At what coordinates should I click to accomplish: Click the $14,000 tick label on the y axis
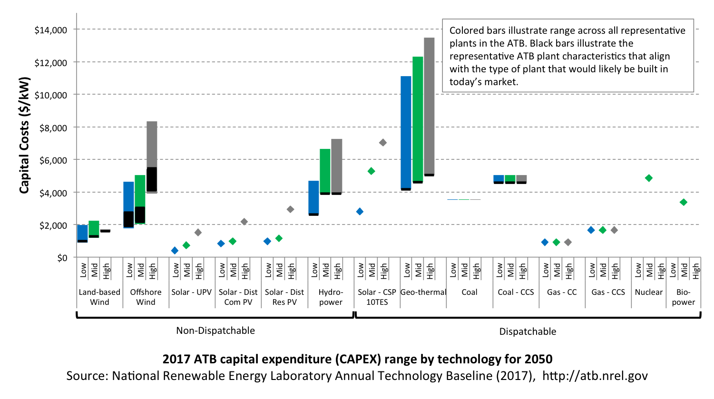(51, 30)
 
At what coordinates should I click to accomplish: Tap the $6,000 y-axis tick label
(53, 160)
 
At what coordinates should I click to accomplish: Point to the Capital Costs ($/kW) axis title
(24, 135)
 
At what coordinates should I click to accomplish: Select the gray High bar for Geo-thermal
(429, 107)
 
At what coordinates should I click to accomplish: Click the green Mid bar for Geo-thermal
(418, 120)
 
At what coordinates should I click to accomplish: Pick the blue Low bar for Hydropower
(313, 198)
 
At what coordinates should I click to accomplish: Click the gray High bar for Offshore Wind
(152, 157)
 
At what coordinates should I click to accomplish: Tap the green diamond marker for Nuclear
(649, 178)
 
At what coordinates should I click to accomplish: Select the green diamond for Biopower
(684, 202)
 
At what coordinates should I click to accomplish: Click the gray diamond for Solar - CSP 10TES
(383, 143)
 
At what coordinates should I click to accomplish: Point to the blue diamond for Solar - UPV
(175, 251)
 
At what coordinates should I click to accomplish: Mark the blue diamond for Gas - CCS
(591, 230)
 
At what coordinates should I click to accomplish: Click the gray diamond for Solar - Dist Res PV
(290, 209)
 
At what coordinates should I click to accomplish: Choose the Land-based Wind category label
(99, 297)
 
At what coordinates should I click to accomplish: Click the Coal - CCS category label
(516, 292)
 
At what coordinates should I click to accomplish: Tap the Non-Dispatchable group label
(215, 331)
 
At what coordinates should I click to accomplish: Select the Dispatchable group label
(528, 332)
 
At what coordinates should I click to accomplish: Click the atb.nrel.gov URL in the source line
(595, 376)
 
